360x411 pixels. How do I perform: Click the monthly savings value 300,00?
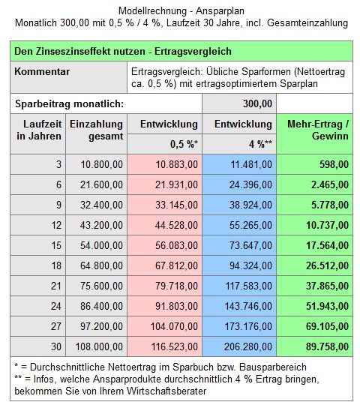(x=257, y=103)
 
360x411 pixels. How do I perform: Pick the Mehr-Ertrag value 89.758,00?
(x=327, y=346)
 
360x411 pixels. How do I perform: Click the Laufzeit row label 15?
(x=56, y=245)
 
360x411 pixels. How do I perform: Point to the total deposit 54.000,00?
(x=101, y=245)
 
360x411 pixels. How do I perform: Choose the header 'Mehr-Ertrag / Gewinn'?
(x=318, y=130)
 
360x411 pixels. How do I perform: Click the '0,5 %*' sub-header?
(x=184, y=144)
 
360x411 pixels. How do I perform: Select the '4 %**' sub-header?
(x=261, y=144)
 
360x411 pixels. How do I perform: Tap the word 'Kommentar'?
(x=42, y=71)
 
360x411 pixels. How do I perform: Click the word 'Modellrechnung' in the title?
(x=152, y=10)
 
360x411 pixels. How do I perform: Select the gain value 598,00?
(x=334, y=164)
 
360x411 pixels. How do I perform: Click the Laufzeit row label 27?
(x=56, y=326)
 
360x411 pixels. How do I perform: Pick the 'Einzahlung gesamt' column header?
(x=96, y=130)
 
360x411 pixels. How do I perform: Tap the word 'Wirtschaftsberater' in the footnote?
(x=166, y=391)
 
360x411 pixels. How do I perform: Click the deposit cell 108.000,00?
(x=99, y=346)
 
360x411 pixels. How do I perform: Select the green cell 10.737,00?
(x=327, y=225)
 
